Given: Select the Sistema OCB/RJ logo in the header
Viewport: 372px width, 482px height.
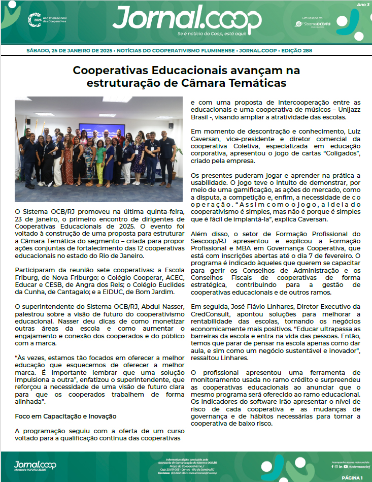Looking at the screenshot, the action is point(313,24).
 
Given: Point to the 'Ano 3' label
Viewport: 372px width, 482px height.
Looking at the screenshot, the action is point(363,5).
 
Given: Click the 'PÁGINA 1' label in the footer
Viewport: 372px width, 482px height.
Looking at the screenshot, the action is point(352,478).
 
